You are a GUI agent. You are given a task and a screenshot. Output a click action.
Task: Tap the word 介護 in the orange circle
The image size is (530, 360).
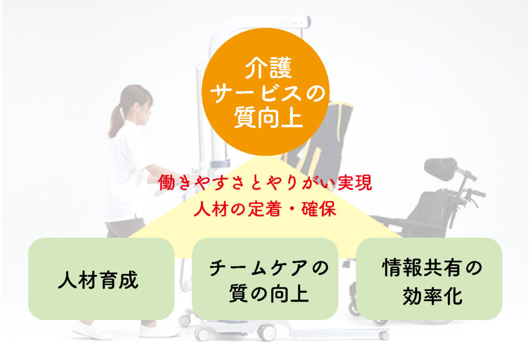[x=269, y=68]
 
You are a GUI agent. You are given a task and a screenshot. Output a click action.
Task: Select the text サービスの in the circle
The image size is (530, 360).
[x=268, y=93]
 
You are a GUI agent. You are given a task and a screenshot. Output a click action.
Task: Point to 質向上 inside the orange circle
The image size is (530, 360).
[x=268, y=117]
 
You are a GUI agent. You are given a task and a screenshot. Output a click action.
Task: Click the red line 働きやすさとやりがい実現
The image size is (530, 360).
[x=265, y=183]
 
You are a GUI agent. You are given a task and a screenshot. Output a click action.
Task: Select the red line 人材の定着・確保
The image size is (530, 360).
[x=265, y=209]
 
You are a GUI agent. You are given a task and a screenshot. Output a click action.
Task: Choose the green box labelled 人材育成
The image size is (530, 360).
[x=101, y=279]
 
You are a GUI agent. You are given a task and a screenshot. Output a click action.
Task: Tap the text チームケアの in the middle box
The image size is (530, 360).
[x=269, y=268]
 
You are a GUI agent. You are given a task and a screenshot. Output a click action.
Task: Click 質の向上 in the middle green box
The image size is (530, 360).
[x=269, y=293]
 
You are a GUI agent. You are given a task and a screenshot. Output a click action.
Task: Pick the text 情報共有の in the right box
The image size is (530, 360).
[x=432, y=267]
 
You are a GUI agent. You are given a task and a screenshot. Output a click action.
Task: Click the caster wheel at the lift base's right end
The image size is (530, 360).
[x=384, y=335]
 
